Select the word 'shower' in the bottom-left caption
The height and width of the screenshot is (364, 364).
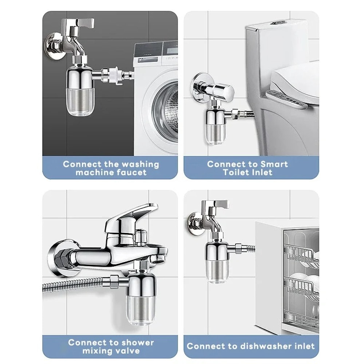[133, 343]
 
